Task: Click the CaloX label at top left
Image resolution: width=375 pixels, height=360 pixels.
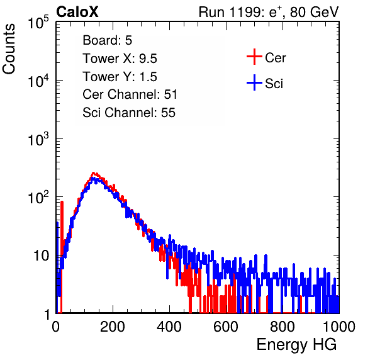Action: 77,12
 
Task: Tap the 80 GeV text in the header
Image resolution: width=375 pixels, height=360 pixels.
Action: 314,12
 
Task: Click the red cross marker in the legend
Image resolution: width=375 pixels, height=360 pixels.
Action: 254,57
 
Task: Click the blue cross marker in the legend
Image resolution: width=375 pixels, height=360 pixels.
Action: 254,82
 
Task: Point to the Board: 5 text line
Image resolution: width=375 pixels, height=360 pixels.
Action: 108,40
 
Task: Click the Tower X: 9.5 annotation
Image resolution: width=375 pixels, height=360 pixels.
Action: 120,59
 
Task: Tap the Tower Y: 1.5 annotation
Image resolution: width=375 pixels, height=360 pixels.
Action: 120,77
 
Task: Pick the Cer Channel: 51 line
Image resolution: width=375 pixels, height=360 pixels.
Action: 130,94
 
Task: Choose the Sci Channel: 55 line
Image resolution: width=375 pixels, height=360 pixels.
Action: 129,113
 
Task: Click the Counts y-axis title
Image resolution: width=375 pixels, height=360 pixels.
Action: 9,48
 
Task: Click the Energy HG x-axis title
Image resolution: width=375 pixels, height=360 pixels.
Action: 296,344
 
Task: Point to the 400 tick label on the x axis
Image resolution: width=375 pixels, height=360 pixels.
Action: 169,327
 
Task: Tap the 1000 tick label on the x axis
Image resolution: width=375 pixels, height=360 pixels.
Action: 339,327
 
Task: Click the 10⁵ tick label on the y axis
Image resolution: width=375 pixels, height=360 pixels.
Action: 38,23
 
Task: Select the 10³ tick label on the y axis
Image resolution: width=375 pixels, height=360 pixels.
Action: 38,139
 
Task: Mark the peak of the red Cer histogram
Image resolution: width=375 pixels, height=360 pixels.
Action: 94,172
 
